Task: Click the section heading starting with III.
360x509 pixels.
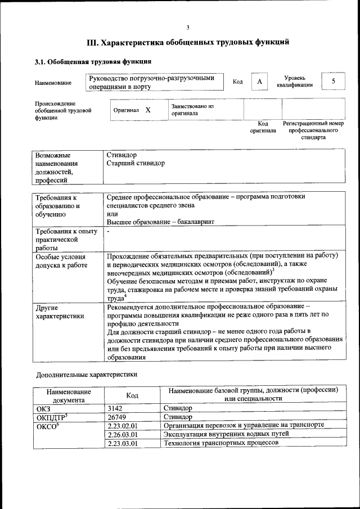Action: point(188,42)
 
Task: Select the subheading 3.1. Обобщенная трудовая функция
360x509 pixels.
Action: point(93,62)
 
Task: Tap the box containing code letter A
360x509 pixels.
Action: point(259,82)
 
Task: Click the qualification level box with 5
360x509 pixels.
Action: point(333,82)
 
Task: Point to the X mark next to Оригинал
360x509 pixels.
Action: point(148,110)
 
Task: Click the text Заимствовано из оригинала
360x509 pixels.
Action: point(192,109)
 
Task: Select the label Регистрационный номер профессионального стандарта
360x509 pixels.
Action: point(313,130)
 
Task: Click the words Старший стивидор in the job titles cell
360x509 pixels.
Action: point(136,163)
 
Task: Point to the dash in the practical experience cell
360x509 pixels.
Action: point(108,231)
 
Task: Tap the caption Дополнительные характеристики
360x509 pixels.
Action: point(86,374)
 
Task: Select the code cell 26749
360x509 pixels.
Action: point(116,417)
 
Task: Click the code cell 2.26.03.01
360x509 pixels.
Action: point(122,434)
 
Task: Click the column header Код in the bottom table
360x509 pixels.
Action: point(132,395)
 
